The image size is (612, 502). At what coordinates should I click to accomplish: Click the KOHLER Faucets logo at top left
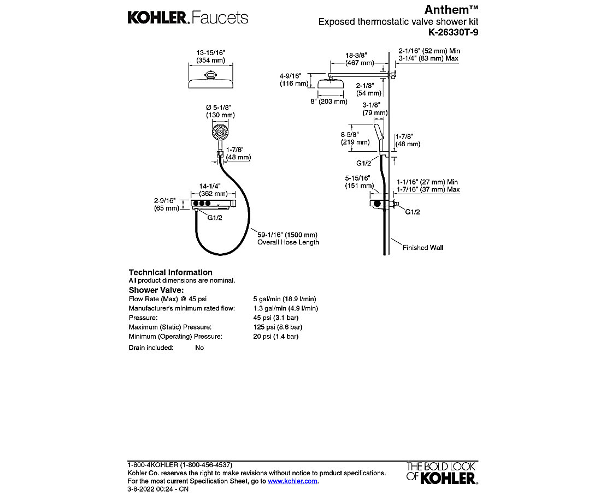[x=187, y=17]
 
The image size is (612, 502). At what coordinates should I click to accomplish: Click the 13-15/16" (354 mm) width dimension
[x=210, y=56]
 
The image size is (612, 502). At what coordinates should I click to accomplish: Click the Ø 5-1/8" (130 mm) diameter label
[x=220, y=111]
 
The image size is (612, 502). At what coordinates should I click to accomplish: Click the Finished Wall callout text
[x=423, y=248]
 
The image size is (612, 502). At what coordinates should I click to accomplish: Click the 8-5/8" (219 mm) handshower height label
[x=355, y=138]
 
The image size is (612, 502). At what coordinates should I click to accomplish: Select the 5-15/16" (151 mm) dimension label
[x=357, y=182]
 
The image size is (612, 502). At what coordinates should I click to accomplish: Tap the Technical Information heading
[x=170, y=272]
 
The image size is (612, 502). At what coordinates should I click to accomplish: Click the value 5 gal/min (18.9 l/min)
[x=284, y=299]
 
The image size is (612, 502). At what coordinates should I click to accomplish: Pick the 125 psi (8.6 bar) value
[x=277, y=327]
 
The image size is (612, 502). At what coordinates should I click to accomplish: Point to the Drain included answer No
[x=199, y=348]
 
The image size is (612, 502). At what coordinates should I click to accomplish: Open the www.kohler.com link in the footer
[x=292, y=481]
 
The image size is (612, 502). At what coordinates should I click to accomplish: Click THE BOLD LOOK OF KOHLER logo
[x=442, y=473]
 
